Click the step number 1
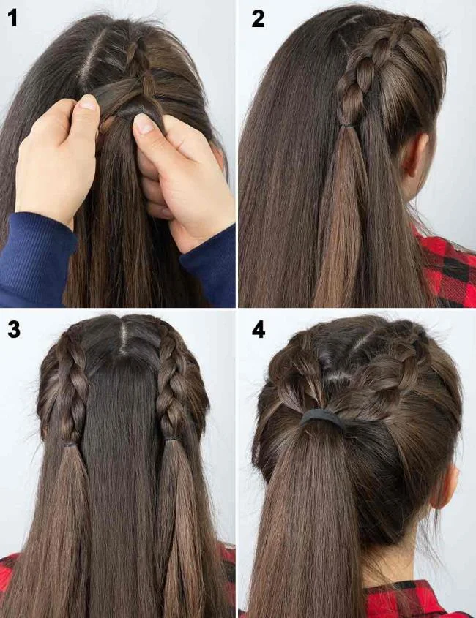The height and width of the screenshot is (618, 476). click(x=12, y=18)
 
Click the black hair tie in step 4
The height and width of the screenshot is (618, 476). click(x=323, y=418)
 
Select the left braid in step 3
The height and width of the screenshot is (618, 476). click(x=72, y=388)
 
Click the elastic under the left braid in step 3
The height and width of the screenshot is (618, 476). click(x=70, y=443)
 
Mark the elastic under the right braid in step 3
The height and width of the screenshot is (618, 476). click(x=173, y=439)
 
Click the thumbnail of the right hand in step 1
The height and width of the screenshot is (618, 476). click(x=144, y=124)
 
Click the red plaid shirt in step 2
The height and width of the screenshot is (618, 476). click(x=448, y=271)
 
